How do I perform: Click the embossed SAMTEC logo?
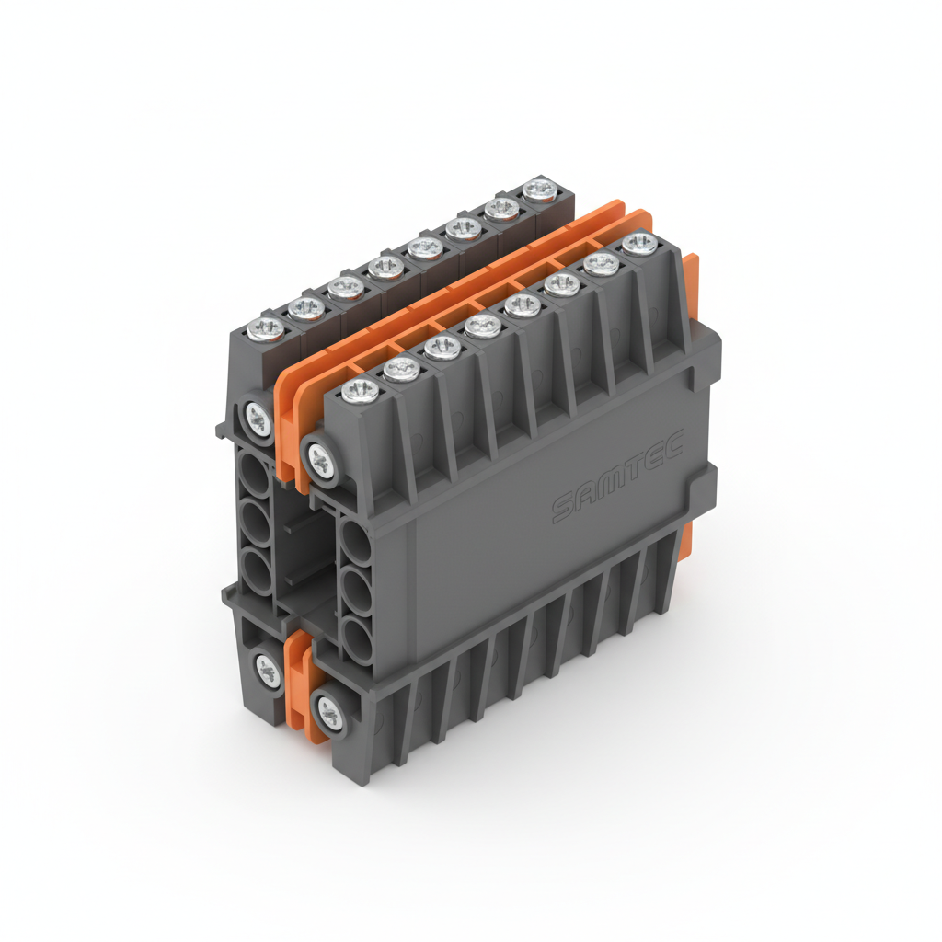coord(615,479)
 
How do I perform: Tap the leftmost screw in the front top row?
coord(360,390)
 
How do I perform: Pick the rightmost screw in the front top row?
coord(638,244)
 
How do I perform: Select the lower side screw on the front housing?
coord(328,709)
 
